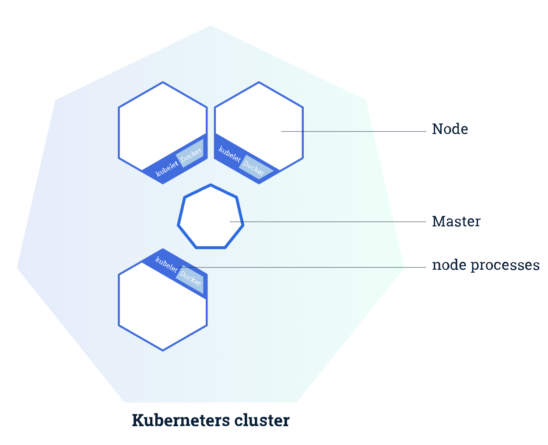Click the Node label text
450,129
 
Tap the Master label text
456,221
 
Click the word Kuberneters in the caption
180,420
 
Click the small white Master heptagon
211,216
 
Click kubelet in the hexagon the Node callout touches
229,154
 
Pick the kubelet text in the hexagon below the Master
166,264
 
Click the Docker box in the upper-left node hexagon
191,153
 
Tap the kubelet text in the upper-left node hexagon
167,169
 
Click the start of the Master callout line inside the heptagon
231,222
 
